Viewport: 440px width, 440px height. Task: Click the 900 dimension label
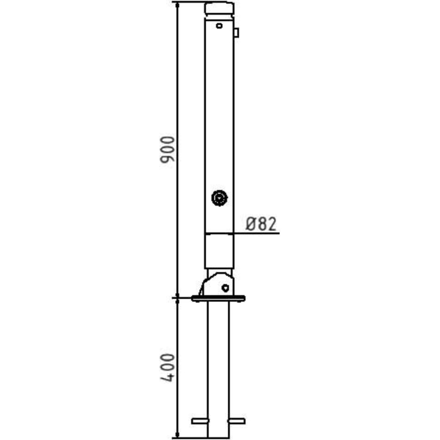coord(167,149)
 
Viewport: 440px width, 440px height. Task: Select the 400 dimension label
coord(167,367)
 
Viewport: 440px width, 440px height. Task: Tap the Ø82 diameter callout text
coord(261,224)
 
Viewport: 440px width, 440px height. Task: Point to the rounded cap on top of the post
coord(219,8)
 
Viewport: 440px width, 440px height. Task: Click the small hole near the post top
coord(219,26)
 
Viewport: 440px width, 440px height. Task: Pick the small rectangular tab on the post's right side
coord(237,32)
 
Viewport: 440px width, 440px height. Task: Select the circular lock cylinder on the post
coord(219,198)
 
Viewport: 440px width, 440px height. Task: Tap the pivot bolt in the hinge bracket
coord(226,288)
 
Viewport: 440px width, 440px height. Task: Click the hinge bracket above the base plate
coord(216,284)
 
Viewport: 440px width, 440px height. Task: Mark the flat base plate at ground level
coord(218,299)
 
